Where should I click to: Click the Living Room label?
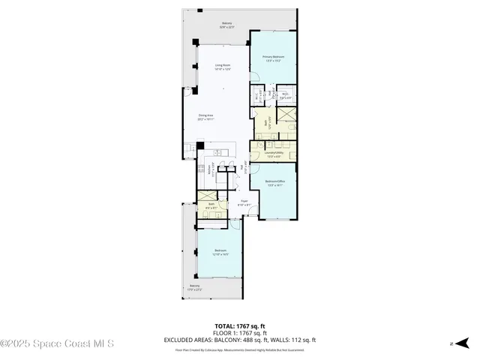click(223, 67)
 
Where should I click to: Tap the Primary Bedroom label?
click(272, 58)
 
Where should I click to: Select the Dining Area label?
click(205, 116)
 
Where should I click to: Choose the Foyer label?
click(244, 202)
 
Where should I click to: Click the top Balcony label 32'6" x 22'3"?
click(226, 25)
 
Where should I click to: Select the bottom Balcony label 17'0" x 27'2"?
click(195, 287)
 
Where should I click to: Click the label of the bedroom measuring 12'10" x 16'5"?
click(220, 252)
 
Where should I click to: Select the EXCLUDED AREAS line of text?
click(240, 339)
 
